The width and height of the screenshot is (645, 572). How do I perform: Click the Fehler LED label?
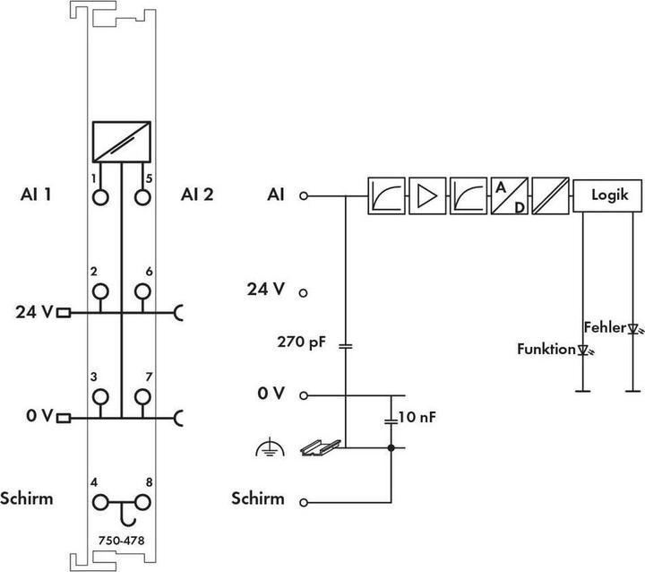[603, 326]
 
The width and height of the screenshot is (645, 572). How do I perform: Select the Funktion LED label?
[546, 349]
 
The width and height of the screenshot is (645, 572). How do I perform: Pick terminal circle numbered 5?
[141, 195]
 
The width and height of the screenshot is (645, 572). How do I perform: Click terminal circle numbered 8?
[141, 502]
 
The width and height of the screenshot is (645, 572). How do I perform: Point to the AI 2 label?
[197, 195]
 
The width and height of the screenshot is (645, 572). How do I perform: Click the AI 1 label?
[36, 195]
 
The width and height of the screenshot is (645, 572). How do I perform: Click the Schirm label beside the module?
[29, 498]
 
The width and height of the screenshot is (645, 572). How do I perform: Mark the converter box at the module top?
[120, 141]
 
